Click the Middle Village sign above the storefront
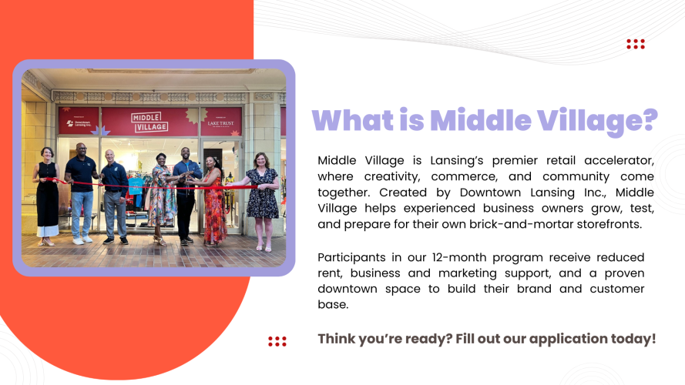[149, 122]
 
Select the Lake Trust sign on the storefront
[221, 121]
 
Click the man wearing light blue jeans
[81, 192]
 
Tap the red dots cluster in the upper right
[636, 44]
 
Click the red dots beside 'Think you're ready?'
[277, 341]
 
